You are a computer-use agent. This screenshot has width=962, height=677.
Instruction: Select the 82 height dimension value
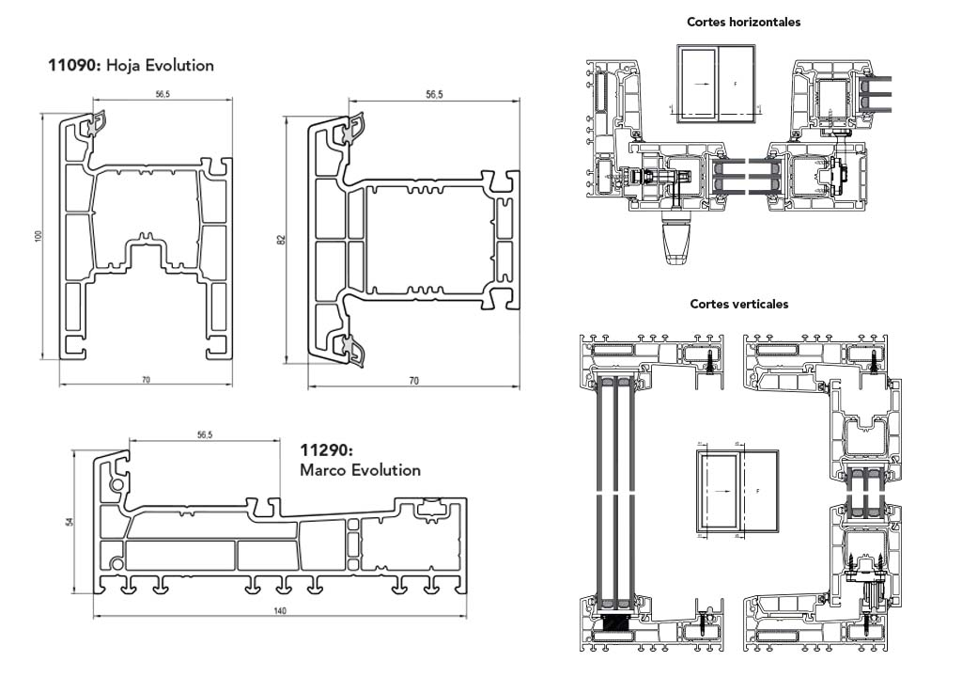281,240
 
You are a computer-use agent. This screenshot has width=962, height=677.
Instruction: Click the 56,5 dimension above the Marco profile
205,434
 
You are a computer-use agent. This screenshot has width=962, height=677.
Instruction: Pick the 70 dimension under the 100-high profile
146,380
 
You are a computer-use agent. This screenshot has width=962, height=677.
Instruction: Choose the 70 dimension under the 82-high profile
413,380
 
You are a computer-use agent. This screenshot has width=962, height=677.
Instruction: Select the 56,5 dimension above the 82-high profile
434,94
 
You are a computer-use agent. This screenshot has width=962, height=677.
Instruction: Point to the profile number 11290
325,450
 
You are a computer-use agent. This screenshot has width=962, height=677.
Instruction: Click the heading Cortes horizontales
744,22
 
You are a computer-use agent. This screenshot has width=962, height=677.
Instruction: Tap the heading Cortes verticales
739,304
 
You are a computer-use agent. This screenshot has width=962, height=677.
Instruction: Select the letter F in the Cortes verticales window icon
756,491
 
